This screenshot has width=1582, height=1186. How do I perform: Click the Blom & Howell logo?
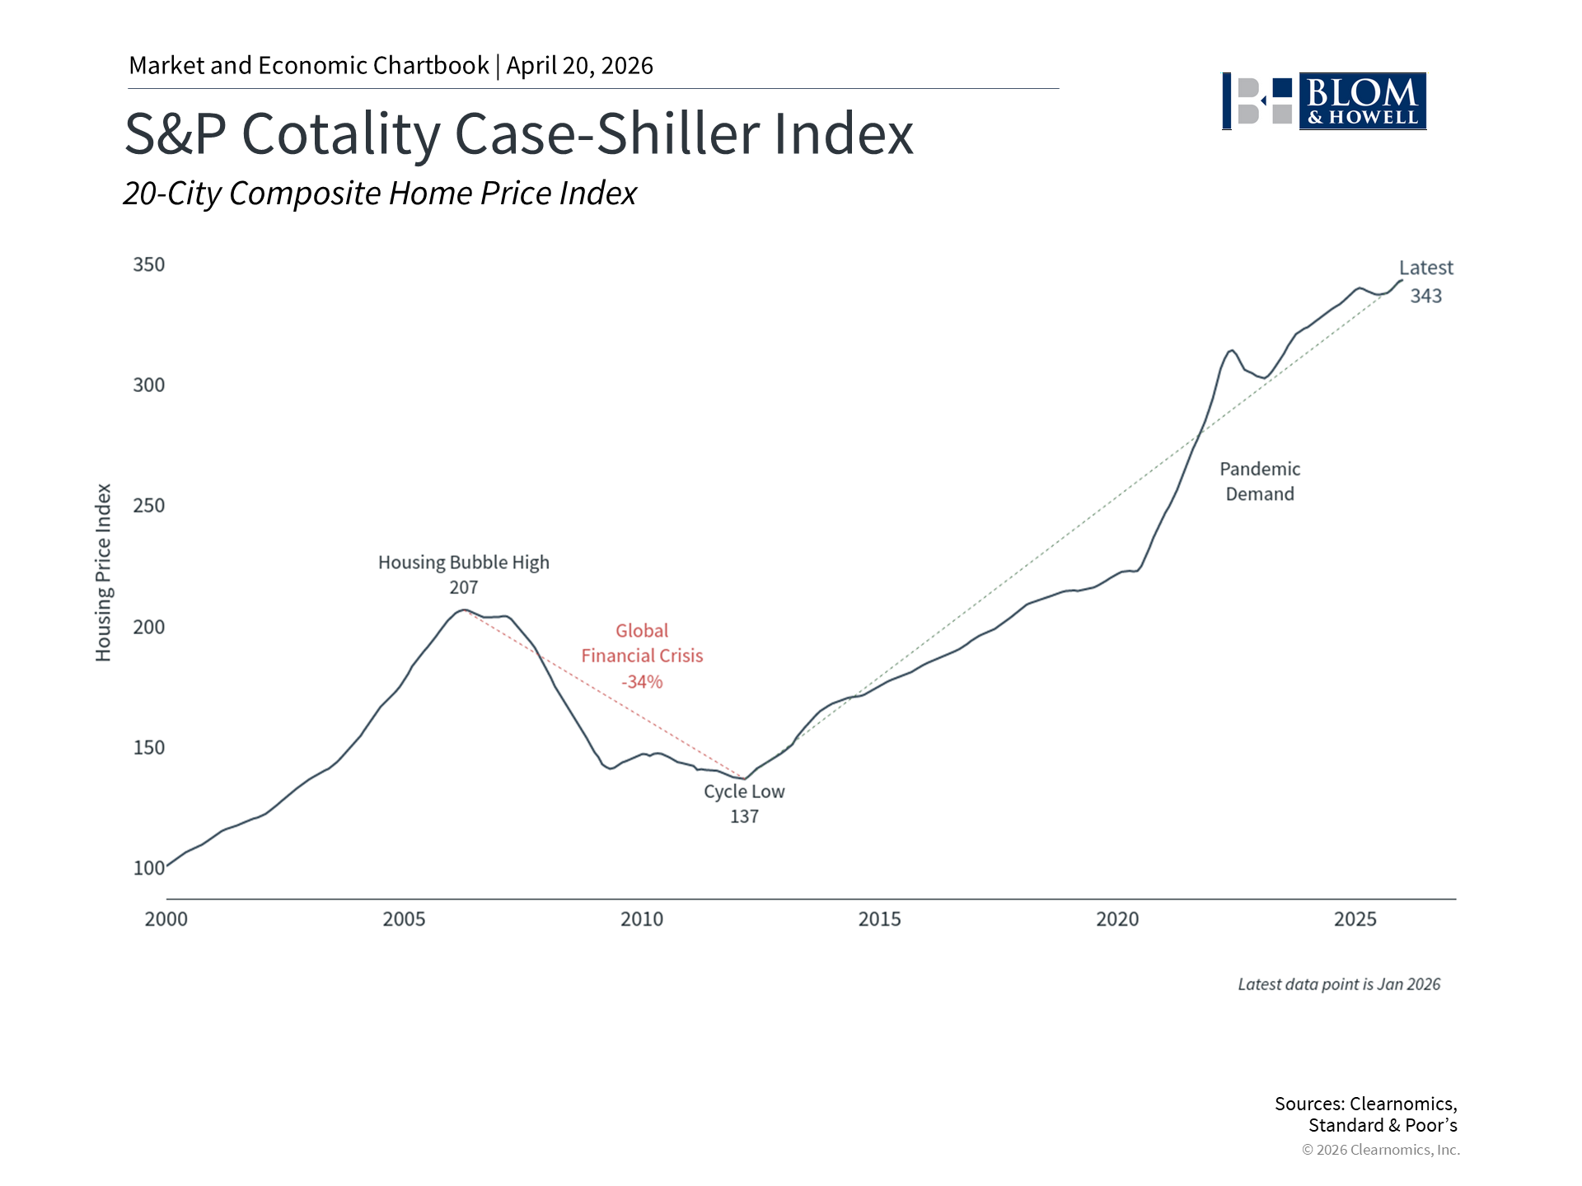(x=1324, y=101)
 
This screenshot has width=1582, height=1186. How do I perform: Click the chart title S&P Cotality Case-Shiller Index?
(x=519, y=133)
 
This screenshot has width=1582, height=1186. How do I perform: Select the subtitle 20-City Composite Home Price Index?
(x=380, y=194)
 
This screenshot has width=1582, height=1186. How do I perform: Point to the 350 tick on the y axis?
(x=149, y=264)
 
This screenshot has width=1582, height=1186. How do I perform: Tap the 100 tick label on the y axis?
(x=149, y=868)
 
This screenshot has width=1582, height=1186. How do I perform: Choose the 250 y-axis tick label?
(x=149, y=506)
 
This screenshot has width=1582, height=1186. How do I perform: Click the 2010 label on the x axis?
(x=642, y=919)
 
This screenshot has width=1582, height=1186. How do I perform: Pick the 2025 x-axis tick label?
(x=1355, y=919)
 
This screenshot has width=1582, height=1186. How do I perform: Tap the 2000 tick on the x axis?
(x=166, y=919)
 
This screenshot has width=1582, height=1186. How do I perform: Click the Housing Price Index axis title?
(x=103, y=572)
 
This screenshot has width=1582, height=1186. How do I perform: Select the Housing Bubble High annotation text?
(x=464, y=563)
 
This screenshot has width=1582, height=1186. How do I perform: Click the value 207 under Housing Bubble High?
(x=464, y=588)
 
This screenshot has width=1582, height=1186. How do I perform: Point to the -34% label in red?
(x=642, y=682)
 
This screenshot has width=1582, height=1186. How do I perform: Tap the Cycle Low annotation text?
(x=744, y=791)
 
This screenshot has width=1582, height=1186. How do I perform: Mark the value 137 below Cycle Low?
(x=744, y=817)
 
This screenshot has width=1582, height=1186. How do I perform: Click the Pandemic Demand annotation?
(x=1260, y=482)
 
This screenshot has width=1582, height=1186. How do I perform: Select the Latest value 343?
(x=1426, y=296)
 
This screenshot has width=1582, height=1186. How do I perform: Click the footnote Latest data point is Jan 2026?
(x=1339, y=985)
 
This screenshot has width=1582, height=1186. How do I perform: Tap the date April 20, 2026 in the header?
(x=580, y=66)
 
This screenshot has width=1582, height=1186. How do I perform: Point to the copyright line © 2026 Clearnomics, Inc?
(x=1381, y=1150)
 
